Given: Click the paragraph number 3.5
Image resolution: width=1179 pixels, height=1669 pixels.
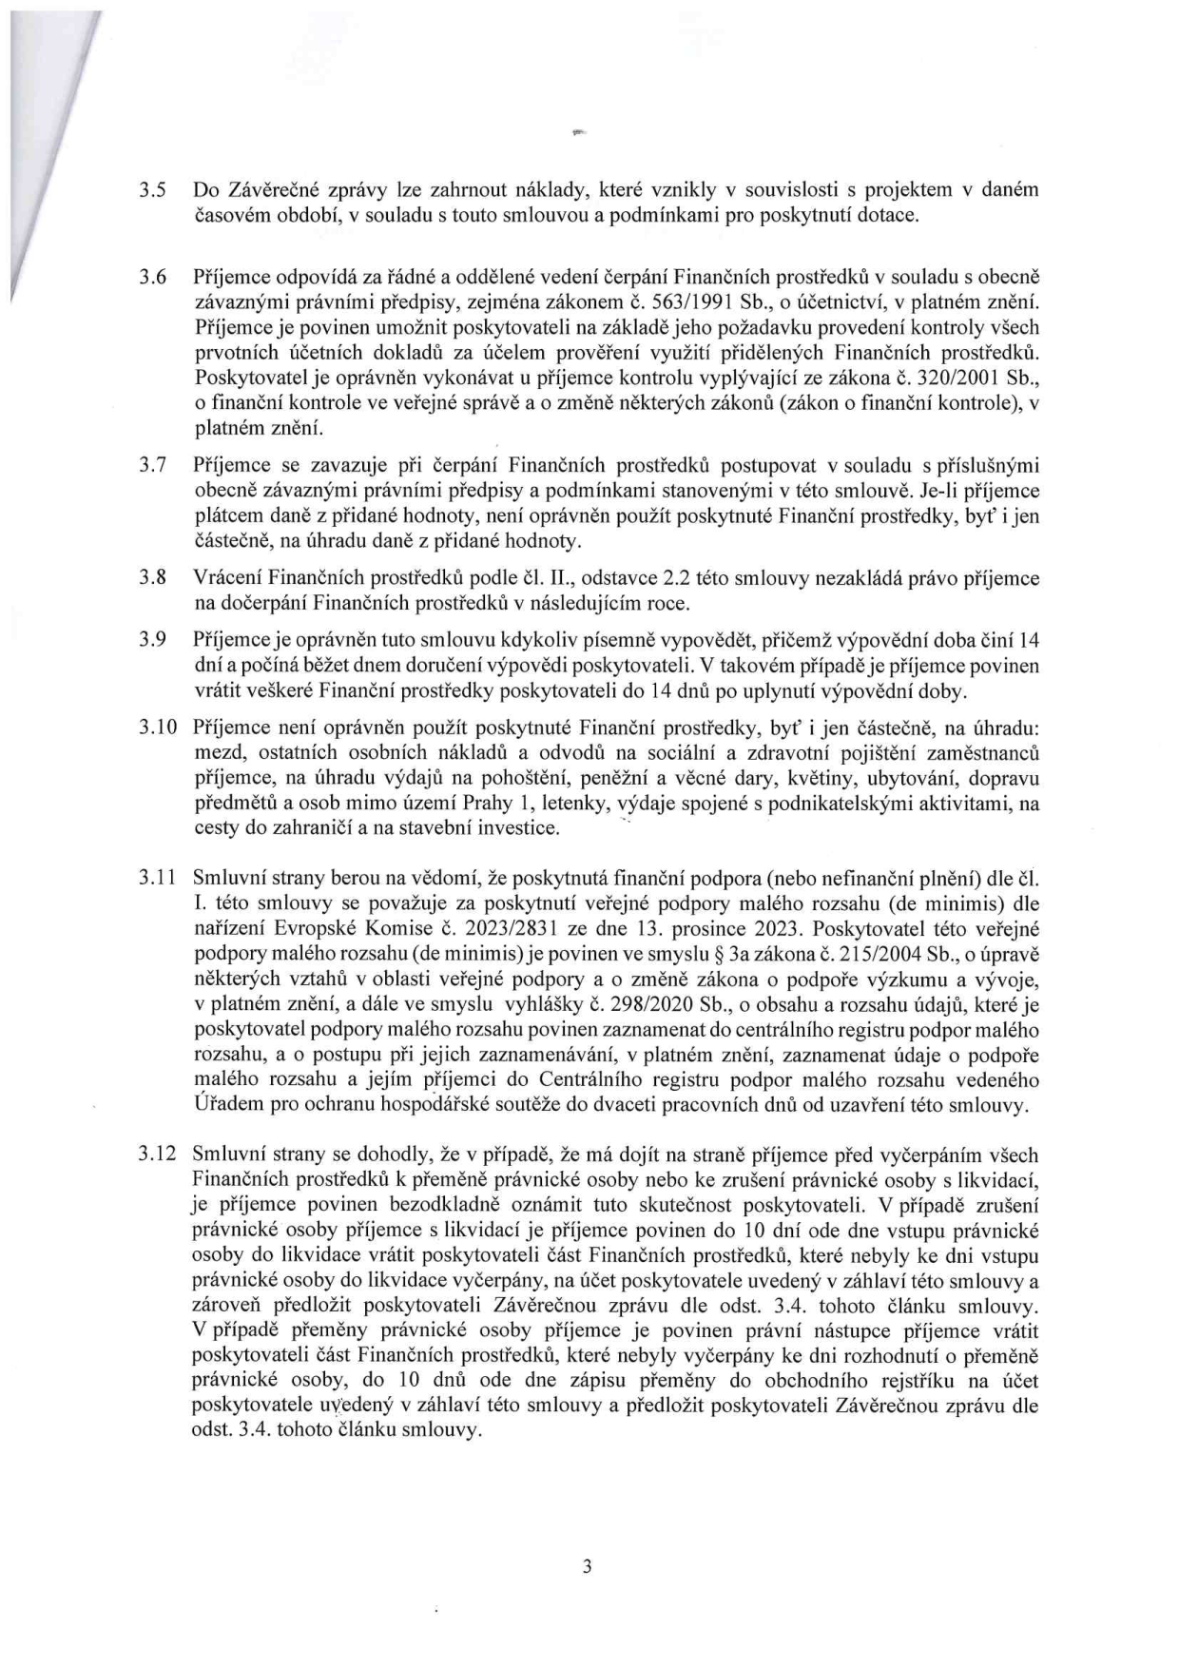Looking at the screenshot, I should click(x=154, y=189).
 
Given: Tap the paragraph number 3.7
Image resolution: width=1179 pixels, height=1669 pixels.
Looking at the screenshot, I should click(x=154, y=465).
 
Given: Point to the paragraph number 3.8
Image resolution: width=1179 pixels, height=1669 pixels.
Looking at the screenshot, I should click(x=154, y=578).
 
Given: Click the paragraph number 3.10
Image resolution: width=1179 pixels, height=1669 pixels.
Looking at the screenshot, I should click(x=158, y=728).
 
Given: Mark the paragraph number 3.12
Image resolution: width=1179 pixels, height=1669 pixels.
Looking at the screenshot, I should click(x=158, y=1155).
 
